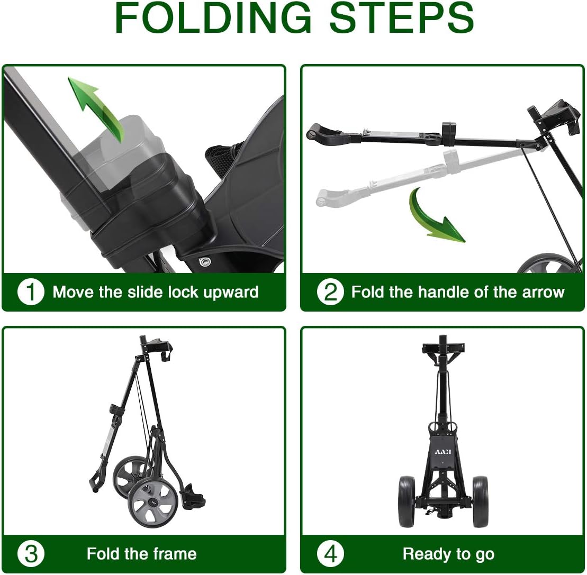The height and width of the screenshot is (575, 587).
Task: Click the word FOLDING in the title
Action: [213, 17]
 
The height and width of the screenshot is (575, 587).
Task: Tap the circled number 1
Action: [31, 292]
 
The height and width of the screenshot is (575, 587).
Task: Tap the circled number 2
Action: [330, 292]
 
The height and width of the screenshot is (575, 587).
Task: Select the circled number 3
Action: [31, 554]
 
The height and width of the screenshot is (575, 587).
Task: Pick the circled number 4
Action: [330, 554]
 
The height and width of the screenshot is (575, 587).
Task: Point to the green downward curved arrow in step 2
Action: [434, 217]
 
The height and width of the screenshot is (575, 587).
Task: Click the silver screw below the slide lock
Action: [204, 261]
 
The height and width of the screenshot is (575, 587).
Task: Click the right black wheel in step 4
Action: [480, 501]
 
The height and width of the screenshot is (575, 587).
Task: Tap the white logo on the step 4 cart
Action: [443, 452]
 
